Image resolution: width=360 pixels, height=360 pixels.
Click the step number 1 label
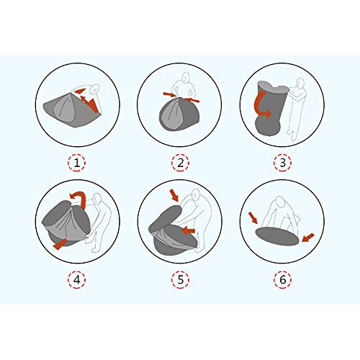click(77, 163)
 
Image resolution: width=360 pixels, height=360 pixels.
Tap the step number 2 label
click(180, 163)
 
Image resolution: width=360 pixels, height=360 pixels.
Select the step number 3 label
click(283, 163)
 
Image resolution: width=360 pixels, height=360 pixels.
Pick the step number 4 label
click(77, 279)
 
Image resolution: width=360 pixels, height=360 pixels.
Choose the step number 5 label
click(180, 279)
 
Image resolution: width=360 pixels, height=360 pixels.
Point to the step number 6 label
click(283, 279)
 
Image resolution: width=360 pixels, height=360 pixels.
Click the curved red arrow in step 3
click(258, 107)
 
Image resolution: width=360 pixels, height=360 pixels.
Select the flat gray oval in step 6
click(277, 236)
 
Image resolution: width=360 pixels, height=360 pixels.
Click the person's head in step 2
click(185, 77)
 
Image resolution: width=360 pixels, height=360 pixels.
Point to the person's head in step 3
click(300, 83)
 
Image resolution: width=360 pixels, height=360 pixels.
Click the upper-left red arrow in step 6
click(253, 217)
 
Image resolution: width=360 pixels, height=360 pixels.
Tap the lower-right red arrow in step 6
click(308, 238)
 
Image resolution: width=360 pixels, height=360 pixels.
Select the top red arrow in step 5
click(174, 195)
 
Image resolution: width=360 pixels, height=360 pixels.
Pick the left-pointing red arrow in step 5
click(189, 231)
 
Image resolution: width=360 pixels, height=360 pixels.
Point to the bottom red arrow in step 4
click(59, 245)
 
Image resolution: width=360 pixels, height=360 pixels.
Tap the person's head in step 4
click(97, 198)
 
